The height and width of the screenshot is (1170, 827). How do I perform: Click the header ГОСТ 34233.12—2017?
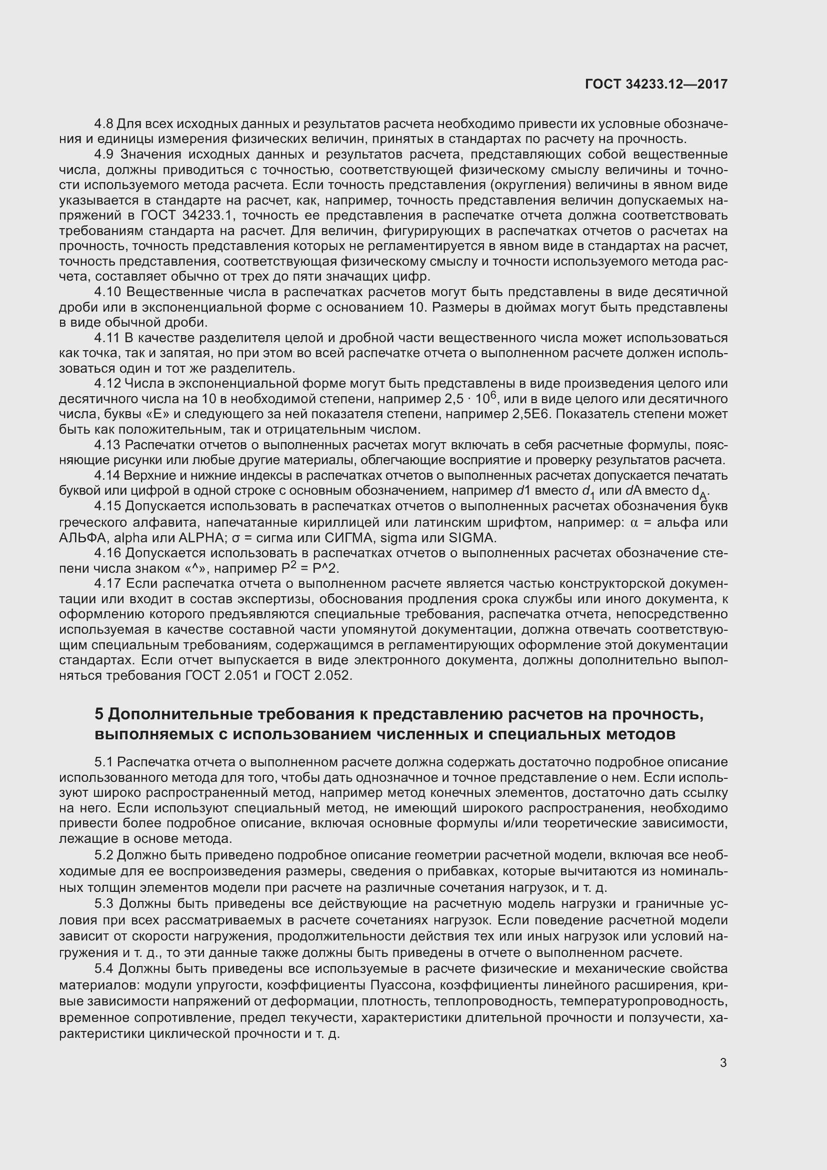coord(656,84)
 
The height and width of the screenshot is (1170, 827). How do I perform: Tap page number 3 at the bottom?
coord(723,1063)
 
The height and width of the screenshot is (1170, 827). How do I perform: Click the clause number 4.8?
coord(104,124)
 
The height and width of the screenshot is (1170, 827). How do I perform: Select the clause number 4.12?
coord(107,384)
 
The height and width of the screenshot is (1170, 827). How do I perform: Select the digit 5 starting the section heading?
coord(99,714)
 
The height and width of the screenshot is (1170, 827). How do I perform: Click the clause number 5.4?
coord(104,969)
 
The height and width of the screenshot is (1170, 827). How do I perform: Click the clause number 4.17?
coord(107,583)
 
